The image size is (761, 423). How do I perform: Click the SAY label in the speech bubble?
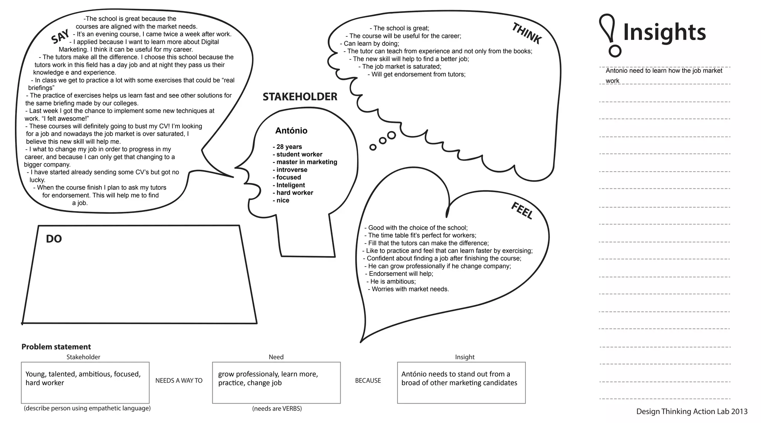(60, 36)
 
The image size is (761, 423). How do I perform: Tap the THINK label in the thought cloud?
(527, 33)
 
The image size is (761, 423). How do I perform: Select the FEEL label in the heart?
(522, 210)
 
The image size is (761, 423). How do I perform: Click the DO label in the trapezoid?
(54, 239)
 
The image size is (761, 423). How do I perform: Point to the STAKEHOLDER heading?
(300, 97)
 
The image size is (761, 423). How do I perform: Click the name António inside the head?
(291, 130)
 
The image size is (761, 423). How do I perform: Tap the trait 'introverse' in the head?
(292, 170)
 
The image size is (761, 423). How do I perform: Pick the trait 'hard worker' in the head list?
(295, 193)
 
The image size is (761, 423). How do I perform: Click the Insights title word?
(664, 32)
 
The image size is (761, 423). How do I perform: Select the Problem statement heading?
(56, 347)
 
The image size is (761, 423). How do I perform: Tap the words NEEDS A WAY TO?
(179, 381)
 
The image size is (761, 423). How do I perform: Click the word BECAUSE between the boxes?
(368, 381)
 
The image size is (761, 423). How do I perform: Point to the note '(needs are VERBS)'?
(277, 409)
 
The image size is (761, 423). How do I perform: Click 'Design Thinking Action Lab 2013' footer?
(692, 411)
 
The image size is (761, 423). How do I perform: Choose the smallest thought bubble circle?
(373, 148)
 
